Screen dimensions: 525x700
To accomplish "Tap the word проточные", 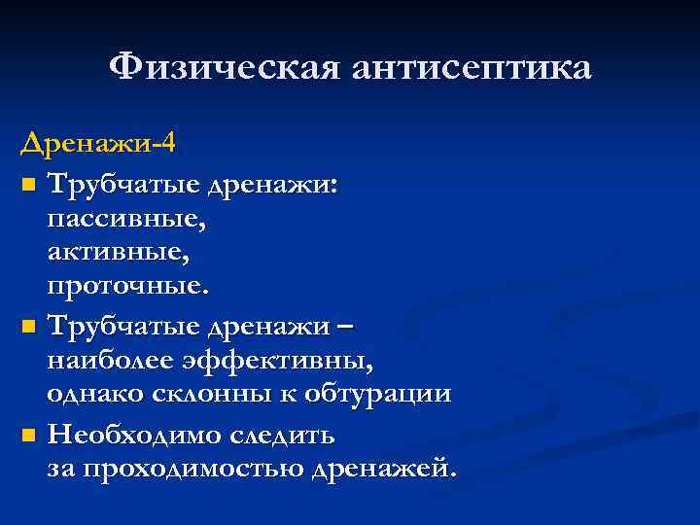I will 126,287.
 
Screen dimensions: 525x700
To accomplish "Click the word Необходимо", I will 134,433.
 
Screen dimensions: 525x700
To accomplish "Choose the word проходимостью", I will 192,469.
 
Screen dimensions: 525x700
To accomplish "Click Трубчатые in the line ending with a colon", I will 111,183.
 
